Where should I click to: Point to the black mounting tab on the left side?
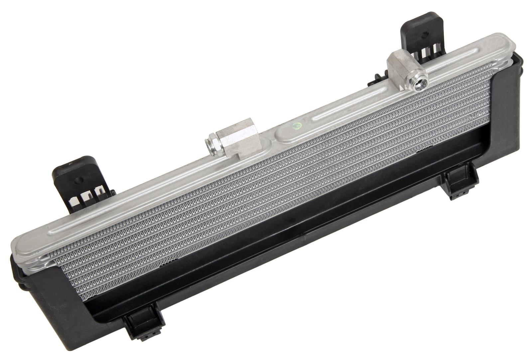80,183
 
